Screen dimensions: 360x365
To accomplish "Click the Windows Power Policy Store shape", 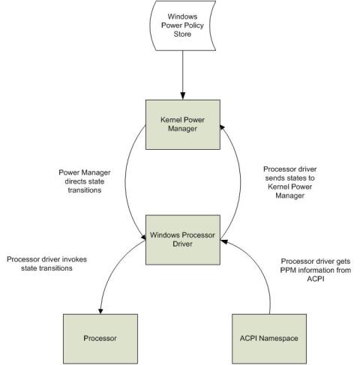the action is click(183, 25).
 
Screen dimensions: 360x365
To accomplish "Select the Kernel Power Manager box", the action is click(183, 124).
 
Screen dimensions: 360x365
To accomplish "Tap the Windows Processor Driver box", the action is click(183, 240).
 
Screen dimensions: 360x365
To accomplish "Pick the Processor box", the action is click(100, 339).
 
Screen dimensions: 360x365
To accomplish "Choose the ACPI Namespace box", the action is click(269, 339).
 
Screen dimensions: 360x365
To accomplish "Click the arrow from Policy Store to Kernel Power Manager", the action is click(183, 75).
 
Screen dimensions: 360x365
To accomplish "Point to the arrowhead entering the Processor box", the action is click(100, 311).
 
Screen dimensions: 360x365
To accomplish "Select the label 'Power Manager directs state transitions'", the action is click(85, 181).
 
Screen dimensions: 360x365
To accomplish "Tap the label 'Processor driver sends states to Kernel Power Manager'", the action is click(290, 182).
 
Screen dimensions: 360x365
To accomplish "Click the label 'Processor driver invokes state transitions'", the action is click(46, 264).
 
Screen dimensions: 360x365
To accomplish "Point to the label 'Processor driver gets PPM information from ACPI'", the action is click(316, 270).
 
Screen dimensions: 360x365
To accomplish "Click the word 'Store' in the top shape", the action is click(182, 34).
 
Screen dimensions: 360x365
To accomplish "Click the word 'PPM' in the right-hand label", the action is click(288, 270).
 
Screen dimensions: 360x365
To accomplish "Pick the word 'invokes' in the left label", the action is click(74, 259).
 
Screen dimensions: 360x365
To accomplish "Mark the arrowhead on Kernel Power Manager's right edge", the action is click(222, 127).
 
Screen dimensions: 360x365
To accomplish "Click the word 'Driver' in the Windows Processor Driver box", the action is click(182, 244).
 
